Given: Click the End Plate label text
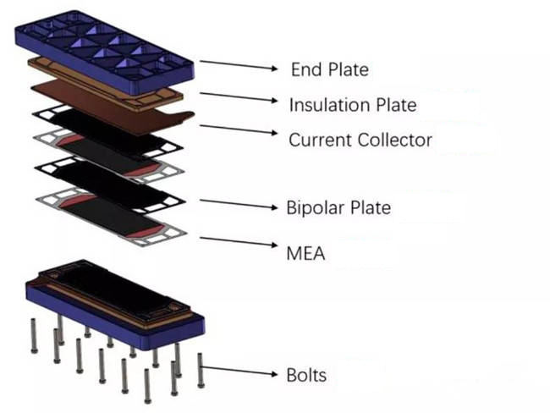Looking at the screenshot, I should [x=329, y=69].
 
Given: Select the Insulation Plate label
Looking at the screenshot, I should [x=353, y=105].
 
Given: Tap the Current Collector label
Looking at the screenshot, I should [x=360, y=140].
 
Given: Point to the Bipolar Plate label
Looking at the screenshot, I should [x=338, y=207].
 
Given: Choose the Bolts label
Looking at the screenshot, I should [x=307, y=374].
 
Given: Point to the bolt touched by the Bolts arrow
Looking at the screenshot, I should [x=201, y=368].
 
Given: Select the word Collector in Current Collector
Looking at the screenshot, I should [x=395, y=140].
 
